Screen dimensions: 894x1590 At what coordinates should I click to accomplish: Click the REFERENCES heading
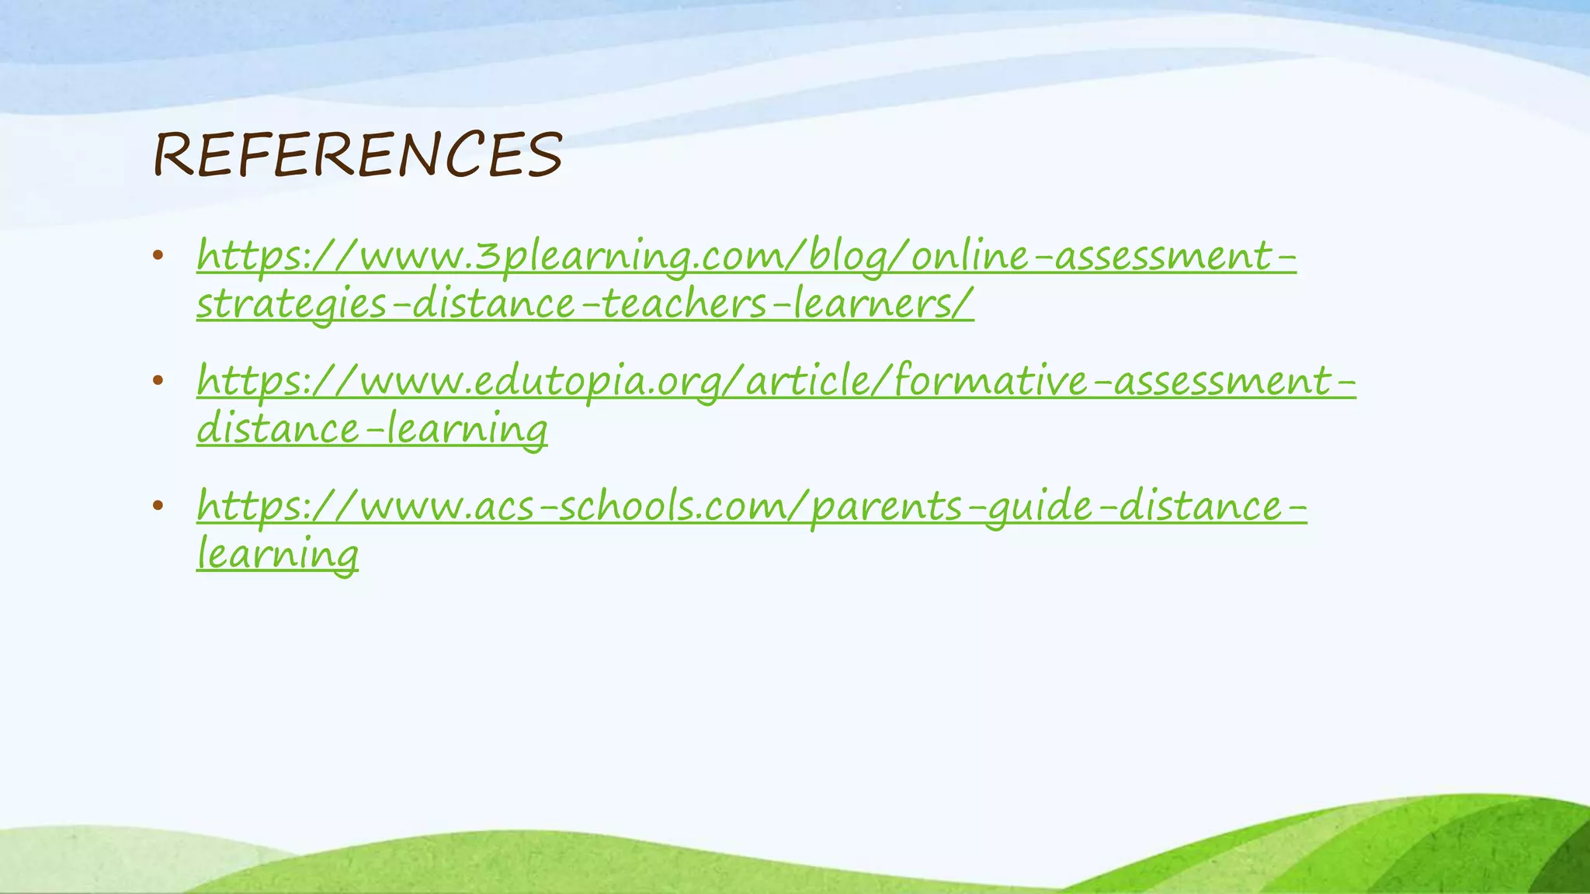(357, 154)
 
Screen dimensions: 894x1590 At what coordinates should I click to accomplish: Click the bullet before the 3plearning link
(158, 255)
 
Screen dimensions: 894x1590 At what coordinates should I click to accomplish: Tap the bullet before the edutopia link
(158, 380)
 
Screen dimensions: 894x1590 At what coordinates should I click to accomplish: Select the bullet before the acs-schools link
(158, 506)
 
